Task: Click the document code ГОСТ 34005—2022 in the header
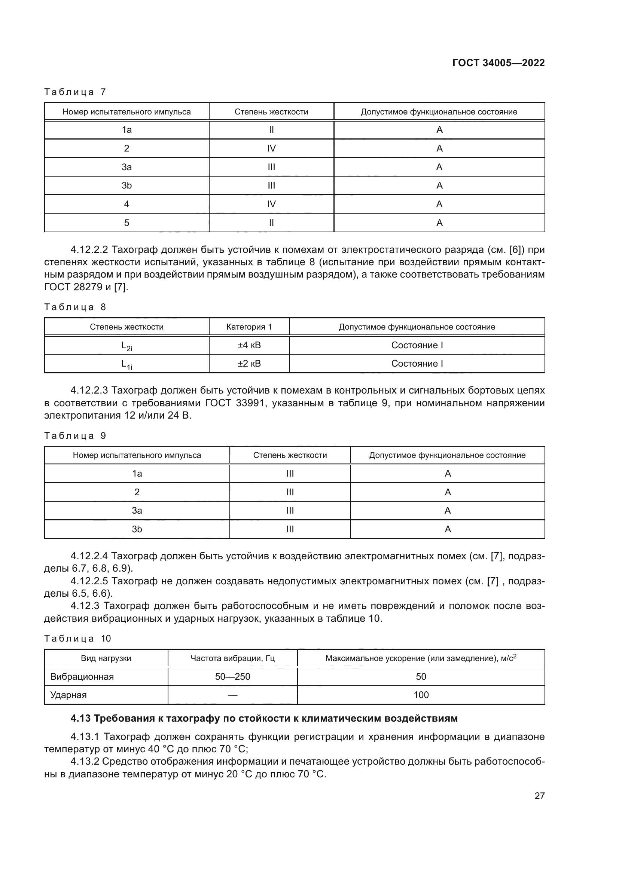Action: (x=498, y=63)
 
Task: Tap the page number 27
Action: (x=539, y=796)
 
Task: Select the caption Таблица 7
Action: (x=75, y=92)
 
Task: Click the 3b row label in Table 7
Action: (x=126, y=186)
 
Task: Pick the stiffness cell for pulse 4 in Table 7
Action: (x=271, y=204)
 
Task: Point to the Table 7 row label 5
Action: (x=126, y=223)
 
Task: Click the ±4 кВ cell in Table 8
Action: (x=249, y=345)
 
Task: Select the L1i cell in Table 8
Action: (x=126, y=364)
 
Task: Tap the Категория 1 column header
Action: (x=249, y=327)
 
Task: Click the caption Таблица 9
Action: (x=75, y=436)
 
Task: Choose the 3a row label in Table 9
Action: (x=137, y=511)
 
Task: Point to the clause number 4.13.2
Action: (x=85, y=762)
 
